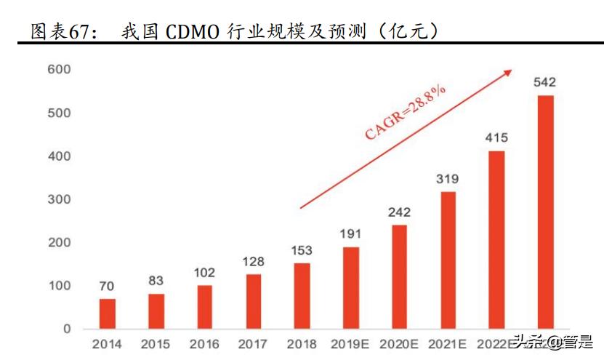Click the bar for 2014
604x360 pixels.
tap(108, 313)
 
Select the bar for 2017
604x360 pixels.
tap(254, 301)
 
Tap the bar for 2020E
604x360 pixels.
tap(400, 276)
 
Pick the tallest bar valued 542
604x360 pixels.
tap(545, 212)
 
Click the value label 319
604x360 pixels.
tap(448, 178)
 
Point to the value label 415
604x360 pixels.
tap(496, 137)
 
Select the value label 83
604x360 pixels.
tap(156, 281)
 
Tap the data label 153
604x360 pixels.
tap(302, 249)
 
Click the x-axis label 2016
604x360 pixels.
tap(204, 344)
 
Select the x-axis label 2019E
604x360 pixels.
tap(350, 344)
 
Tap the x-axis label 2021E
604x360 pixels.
tap(448, 344)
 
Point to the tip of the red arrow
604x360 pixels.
tap(511, 71)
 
